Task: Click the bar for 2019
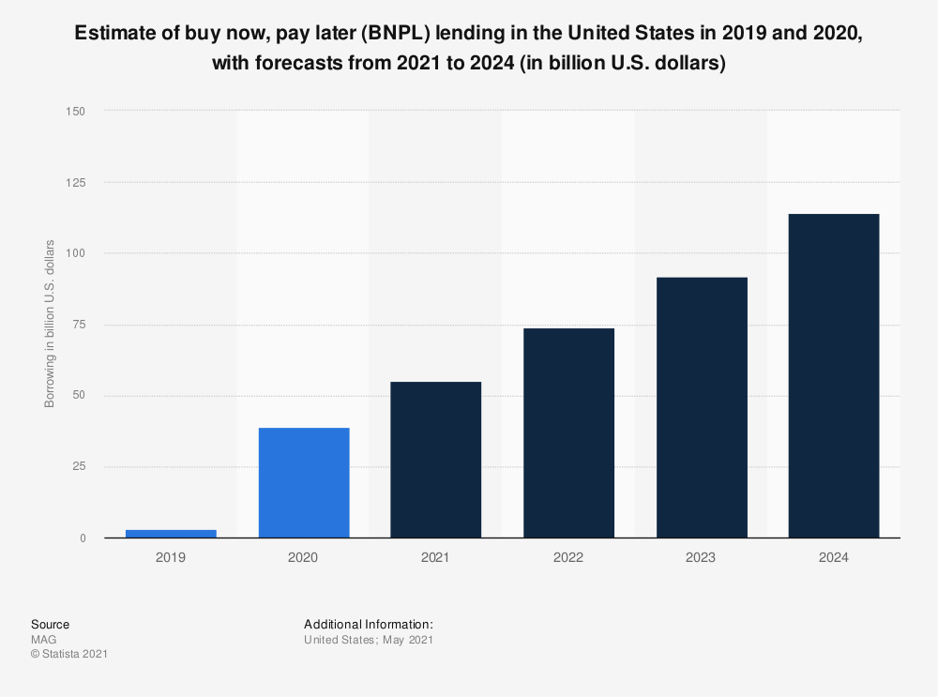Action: coord(171,533)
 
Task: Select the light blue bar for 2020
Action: coord(303,482)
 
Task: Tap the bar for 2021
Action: coord(436,460)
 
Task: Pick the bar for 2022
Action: coord(568,432)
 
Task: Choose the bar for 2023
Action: coord(701,407)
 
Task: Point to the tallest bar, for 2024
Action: coord(834,375)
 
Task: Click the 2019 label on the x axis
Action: coord(171,557)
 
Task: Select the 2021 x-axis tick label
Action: coord(436,557)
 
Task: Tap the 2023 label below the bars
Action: coord(701,557)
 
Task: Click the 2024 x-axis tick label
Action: coord(834,557)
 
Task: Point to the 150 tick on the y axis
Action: coord(76,112)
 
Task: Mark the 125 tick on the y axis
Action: coord(76,183)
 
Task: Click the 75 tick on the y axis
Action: coord(79,325)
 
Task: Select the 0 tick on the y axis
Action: coord(83,538)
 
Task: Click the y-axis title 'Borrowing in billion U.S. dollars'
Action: coord(50,325)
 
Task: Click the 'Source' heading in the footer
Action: coord(50,624)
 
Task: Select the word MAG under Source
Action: coord(43,640)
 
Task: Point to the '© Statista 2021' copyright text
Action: coord(69,654)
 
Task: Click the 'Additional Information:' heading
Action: coord(369,624)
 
